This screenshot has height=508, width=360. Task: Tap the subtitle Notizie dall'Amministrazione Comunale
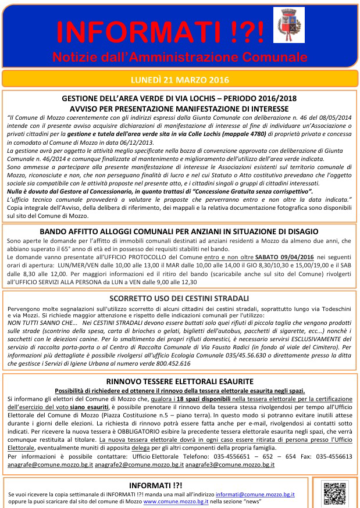[179, 57]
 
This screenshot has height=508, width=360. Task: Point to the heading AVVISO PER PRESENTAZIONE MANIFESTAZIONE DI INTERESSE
[179, 109]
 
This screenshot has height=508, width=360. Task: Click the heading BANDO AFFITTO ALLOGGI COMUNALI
[179, 231]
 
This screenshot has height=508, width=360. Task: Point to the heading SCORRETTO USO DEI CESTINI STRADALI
[179, 298]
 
